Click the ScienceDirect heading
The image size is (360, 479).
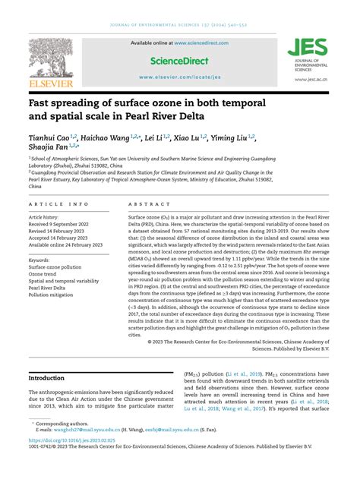tap(179, 60)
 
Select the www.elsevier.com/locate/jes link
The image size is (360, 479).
tap(180, 77)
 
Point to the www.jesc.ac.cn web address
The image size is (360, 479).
tap(311, 79)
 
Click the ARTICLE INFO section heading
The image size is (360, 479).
tap(58, 204)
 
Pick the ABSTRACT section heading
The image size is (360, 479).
tap(144, 204)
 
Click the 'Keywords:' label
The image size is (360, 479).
tap(39, 260)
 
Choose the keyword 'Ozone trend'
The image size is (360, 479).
tap(43, 274)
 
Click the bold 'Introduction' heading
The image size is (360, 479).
tap(46, 377)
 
